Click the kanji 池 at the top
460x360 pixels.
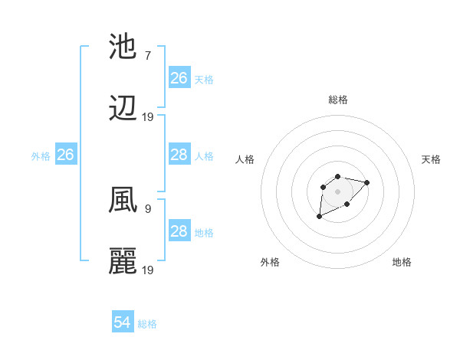click(123, 47)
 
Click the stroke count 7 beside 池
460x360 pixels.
click(147, 56)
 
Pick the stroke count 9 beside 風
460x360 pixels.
click(147, 208)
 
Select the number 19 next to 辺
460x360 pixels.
click(148, 116)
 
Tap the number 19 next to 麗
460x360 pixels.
click(148, 270)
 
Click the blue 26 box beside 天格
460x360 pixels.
click(179, 78)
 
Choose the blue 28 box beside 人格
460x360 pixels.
click(179, 155)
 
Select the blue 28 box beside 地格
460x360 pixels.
click(179, 231)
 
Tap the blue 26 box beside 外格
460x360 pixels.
click(65, 155)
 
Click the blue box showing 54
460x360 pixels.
click(123, 322)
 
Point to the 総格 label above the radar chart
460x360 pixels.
click(337, 100)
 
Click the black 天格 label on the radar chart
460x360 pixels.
click(431, 159)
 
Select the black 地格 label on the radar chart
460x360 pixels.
click(402, 262)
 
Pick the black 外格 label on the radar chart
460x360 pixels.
click(270, 262)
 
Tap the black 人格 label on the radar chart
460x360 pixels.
click(245, 159)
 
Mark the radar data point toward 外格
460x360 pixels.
click(320, 217)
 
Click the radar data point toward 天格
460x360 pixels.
click(367, 182)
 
